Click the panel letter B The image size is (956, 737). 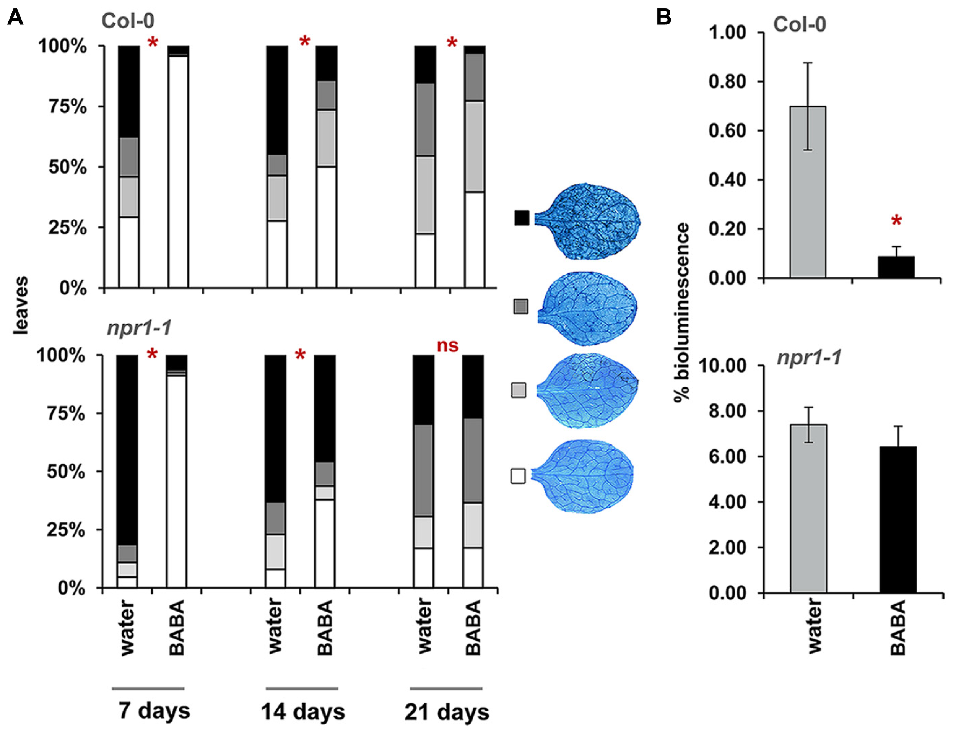[x=663, y=18]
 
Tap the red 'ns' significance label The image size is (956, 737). [x=447, y=346]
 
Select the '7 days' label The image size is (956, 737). [x=154, y=710]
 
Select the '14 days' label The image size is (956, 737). [x=303, y=711]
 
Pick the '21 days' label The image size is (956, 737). [x=447, y=712]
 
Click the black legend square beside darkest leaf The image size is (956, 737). [x=522, y=218]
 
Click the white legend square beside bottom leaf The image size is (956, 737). [x=518, y=476]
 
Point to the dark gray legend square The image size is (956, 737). [x=520, y=306]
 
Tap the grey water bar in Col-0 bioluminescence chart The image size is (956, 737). [x=808, y=193]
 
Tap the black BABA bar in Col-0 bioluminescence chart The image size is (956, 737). [x=896, y=267]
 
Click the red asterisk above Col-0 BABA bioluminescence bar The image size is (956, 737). [x=896, y=221]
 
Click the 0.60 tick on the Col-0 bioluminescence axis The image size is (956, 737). [x=727, y=131]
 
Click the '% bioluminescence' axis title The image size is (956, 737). [x=682, y=313]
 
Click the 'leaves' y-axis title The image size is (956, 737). [x=20, y=305]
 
